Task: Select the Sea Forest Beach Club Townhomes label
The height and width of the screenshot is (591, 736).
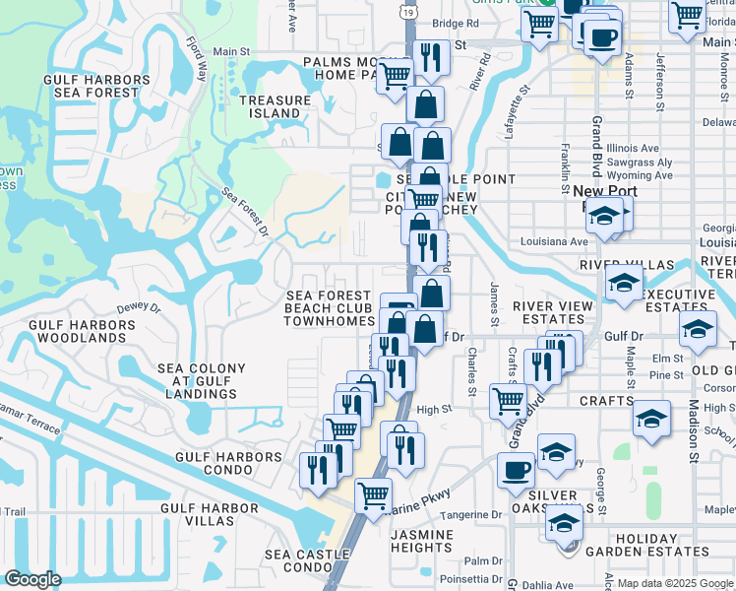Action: [330, 308]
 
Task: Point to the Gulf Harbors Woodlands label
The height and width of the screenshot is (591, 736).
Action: [75, 330]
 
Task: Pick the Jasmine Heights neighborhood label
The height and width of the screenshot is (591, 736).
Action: [421, 541]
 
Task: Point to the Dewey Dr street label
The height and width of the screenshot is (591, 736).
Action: [138, 308]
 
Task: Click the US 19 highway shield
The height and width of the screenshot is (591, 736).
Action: [407, 9]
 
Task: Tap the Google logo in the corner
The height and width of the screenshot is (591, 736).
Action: [33, 579]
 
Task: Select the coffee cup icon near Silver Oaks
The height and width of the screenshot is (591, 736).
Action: [516, 470]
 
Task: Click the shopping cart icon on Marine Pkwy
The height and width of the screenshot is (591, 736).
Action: [373, 495]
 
